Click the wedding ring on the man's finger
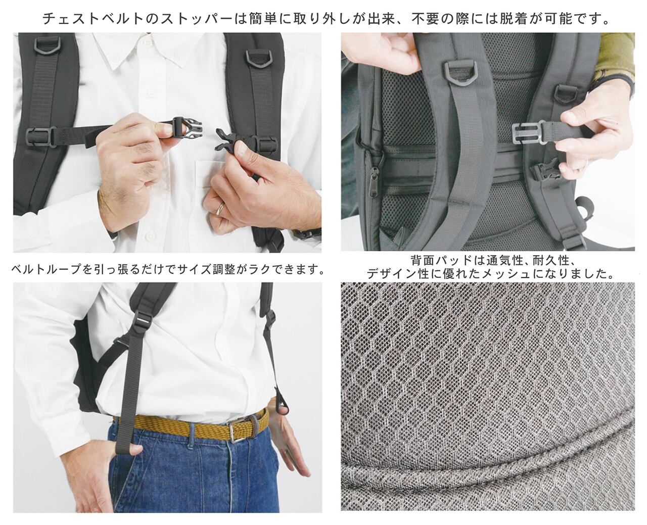[220, 208]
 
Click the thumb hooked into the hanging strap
[132, 450]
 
